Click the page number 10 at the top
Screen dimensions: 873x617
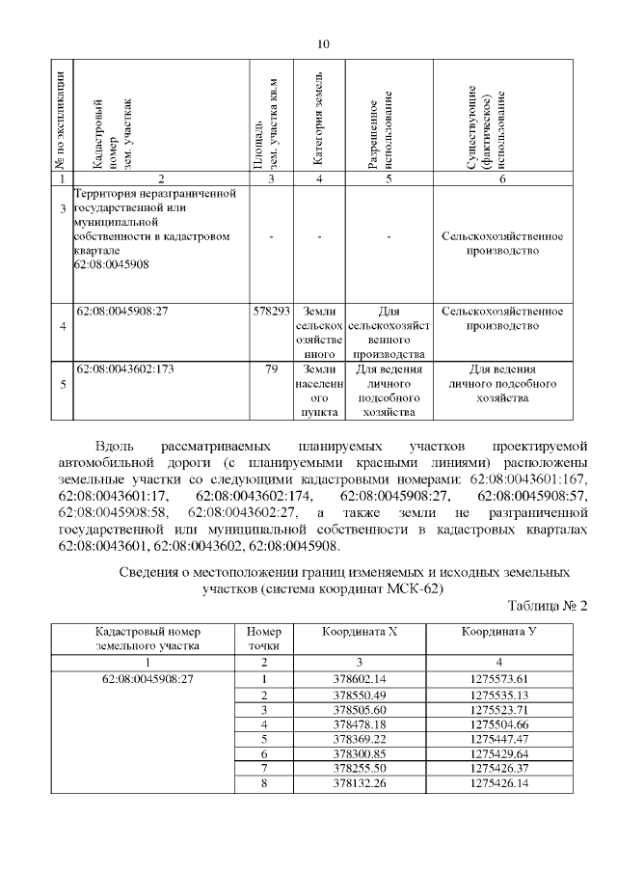323,44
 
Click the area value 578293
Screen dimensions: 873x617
271,313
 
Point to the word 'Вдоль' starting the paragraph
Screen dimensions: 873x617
116,447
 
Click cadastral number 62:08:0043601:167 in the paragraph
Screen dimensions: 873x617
538,479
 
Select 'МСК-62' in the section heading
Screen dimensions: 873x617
416,589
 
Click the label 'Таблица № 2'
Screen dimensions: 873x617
547,606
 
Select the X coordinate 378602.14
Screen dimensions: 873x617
359,679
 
